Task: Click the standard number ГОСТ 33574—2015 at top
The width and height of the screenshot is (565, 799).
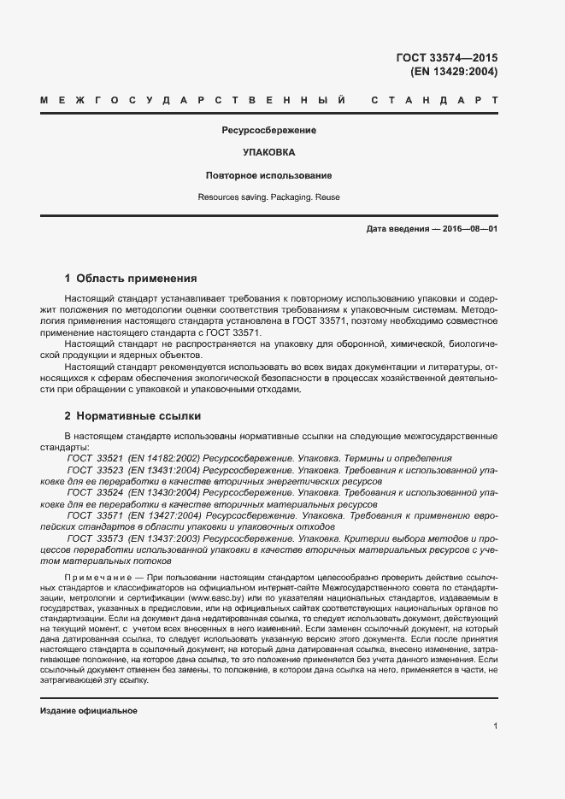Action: pos(447,58)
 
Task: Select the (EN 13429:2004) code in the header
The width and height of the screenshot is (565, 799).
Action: pos(454,72)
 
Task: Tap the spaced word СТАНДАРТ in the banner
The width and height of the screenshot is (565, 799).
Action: pos(434,101)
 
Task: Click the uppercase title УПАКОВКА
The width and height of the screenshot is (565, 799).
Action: pos(269,152)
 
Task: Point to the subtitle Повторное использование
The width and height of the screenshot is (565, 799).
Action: pos(268,175)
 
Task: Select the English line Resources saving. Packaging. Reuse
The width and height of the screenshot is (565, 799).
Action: pos(268,197)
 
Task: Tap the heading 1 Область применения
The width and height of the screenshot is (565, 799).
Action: pos(131,278)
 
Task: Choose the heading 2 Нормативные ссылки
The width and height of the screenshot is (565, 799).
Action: pos(132,416)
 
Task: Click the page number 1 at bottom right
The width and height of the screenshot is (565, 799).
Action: pos(496,726)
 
